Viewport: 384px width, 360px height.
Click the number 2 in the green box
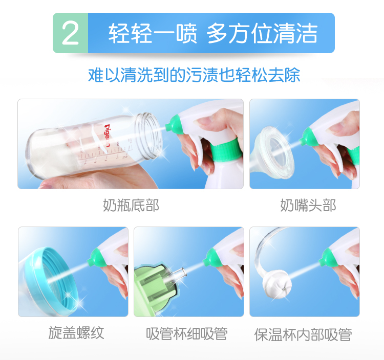70,33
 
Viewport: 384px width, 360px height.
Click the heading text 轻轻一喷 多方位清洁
213,33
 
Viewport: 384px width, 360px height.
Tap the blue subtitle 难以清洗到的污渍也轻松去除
194,75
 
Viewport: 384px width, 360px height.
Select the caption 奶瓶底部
131,205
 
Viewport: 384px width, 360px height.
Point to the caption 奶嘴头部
308,205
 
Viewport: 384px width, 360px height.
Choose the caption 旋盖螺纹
76,332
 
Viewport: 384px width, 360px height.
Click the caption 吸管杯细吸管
187,334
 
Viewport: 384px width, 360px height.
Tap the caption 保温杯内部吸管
303,334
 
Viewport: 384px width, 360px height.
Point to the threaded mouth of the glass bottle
149,136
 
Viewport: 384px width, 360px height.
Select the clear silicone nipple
272,153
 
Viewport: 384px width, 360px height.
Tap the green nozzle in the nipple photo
307,138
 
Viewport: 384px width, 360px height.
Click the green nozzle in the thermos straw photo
328,258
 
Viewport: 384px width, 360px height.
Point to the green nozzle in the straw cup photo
212,258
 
